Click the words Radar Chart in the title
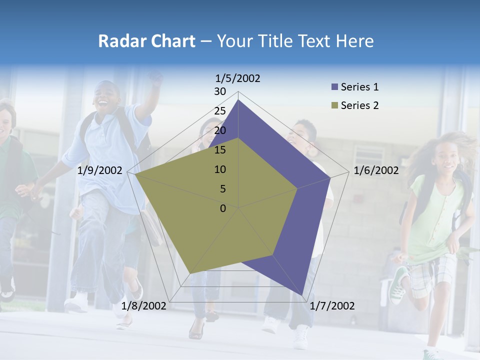(x=146, y=41)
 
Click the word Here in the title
(x=354, y=41)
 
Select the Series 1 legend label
(x=359, y=87)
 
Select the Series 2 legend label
(x=359, y=105)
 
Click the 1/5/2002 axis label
(x=237, y=78)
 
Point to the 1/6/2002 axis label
(x=376, y=171)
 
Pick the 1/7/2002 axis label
(x=332, y=306)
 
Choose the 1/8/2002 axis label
(x=144, y=306)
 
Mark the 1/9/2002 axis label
(x=100, y=171)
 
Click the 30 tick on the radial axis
(x=220, y=91)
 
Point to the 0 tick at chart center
(x=223, y=208)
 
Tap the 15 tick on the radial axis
(x=220, y=150)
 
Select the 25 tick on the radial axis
(x=220, y=111)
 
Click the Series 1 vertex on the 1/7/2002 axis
(x=303, y=295)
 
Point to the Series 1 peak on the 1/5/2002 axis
(x=238, y=100)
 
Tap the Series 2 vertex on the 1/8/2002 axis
(x=189, y=274)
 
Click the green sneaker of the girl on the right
(x=398, y=285)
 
